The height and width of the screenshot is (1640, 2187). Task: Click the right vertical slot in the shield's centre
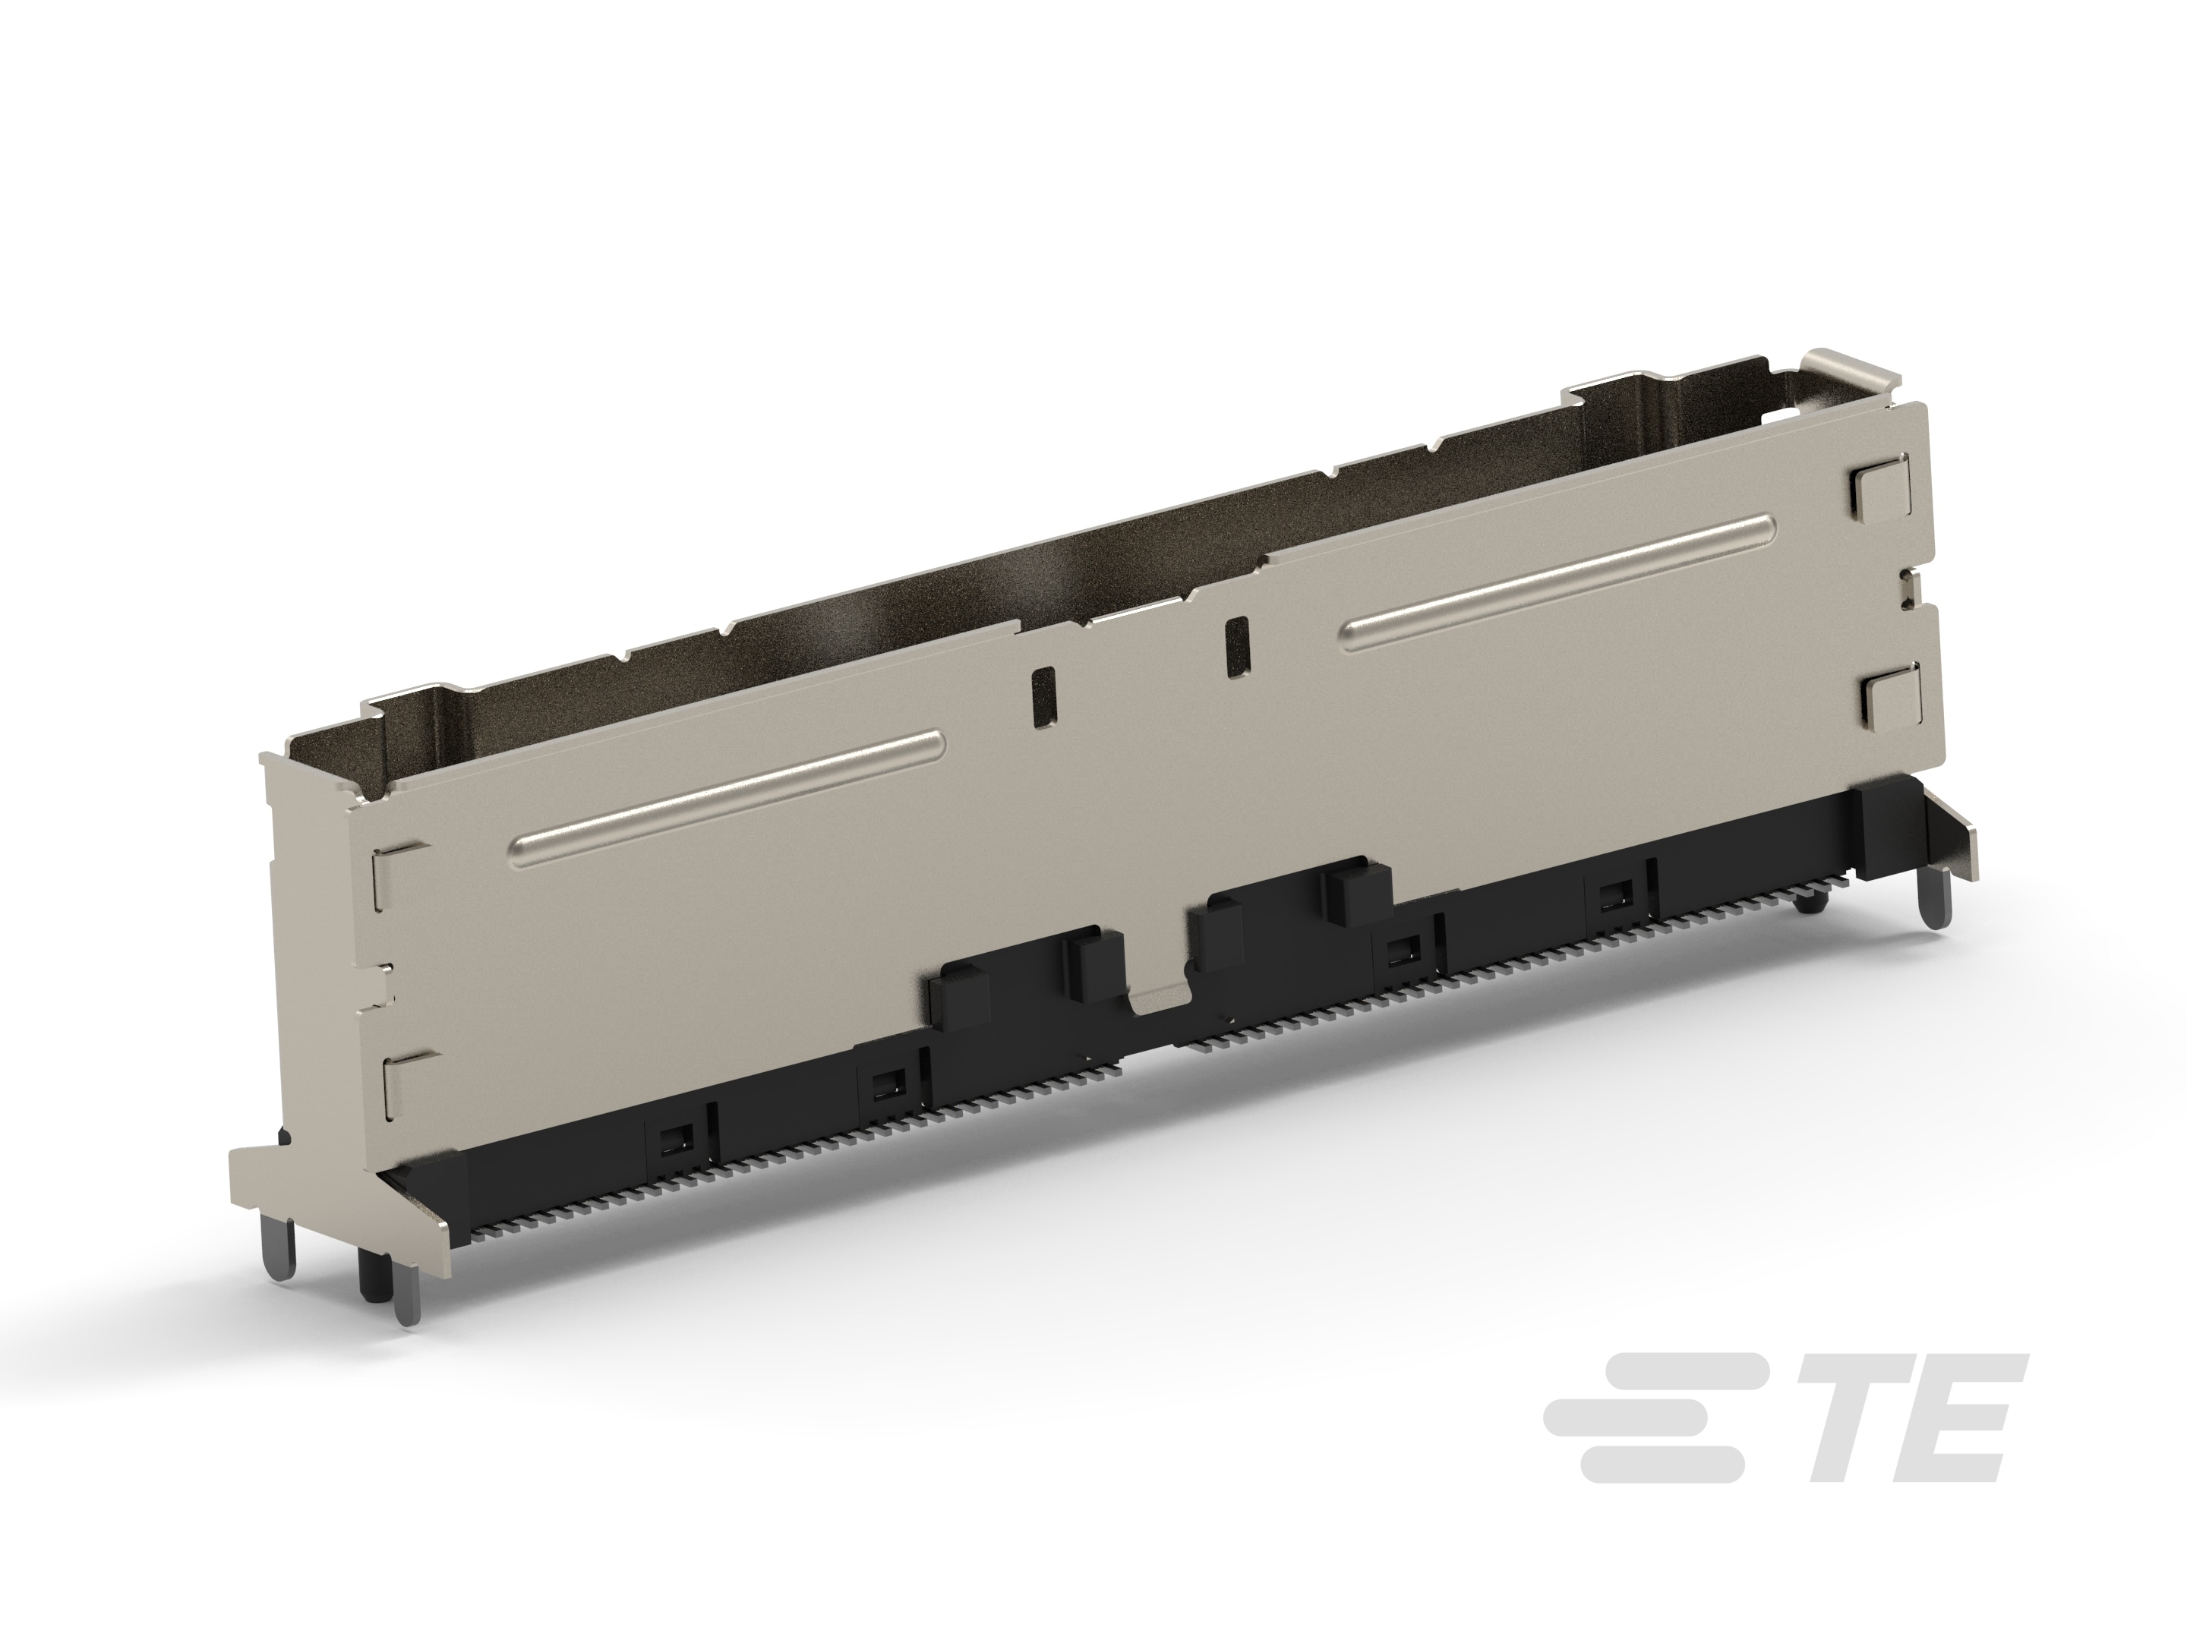pyautogui.click(x=1236, y=648)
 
